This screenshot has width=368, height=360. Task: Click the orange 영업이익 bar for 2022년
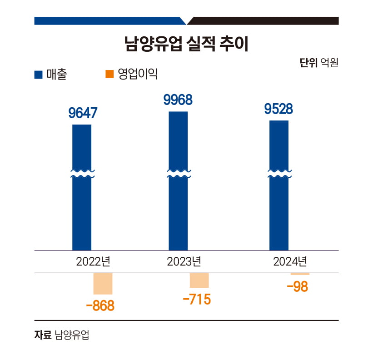[103, 284]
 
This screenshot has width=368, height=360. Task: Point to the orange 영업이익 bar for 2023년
[199, 280]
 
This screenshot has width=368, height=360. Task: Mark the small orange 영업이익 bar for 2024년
[300, 274]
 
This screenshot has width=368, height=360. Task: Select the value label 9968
[178, 100]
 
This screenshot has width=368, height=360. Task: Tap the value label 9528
[278, 109]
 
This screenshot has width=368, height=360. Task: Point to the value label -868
[100, 305]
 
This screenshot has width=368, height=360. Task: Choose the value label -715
[196, 300]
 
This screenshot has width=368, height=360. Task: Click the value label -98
[297, 287]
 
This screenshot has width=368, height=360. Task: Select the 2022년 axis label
[93, 262]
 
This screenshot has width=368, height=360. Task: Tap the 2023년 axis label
[184, 262]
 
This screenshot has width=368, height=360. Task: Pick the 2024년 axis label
[290, 262]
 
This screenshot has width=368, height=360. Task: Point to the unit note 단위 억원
[319, 63]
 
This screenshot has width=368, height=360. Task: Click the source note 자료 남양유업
[62, 335]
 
